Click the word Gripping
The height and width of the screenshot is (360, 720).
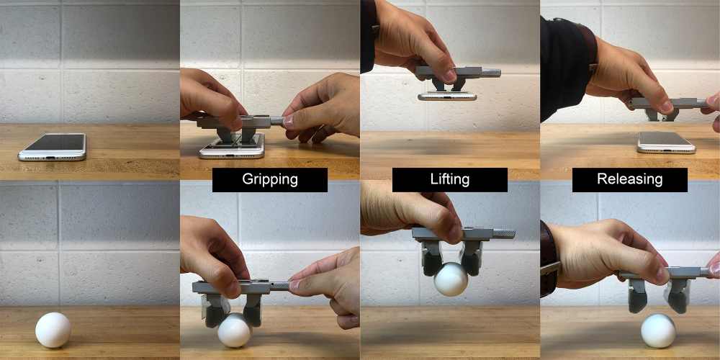(x=270, y=179)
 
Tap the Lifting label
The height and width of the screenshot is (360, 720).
(x=450, y=179)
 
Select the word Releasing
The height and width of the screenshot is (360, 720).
(x=629, y=179)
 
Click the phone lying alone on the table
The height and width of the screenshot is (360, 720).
(x=53, y=147)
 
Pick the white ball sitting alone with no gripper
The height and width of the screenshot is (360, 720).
(x=53, y=330)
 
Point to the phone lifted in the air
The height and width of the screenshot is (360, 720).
(x=447, y=96)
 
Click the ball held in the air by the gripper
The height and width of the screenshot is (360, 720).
(x=451, y=279)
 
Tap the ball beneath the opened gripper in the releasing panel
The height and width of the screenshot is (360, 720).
(x=659, y=330)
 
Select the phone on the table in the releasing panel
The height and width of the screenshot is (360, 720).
(x=666, y=143)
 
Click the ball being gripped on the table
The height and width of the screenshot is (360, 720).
(x=234, y=330)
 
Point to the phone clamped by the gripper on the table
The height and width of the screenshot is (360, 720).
(x=232, y=146)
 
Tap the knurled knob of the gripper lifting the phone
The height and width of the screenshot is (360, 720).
(x=490, y=73)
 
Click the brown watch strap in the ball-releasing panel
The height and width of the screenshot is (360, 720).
(x=548, y=259)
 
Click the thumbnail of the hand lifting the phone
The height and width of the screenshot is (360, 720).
(x=449, y=76)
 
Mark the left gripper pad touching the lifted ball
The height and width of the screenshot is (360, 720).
(x=433, y=264)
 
